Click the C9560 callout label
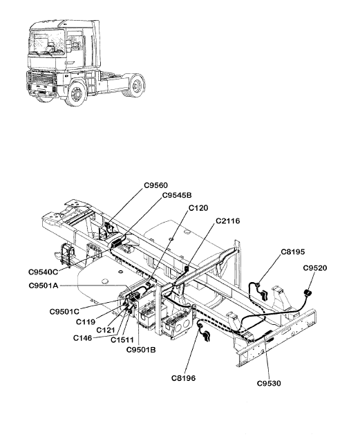tap(155, 185)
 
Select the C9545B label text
tap(177, 195)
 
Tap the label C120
tap(198, 208)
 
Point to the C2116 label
tap(228, 221)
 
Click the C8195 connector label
tap(292, 252)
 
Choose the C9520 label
tap(315, 268)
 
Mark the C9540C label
tap(43, 272)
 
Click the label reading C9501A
tap(44, 286)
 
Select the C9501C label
tap(64, 311)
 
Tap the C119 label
tap(86, 322)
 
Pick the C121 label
tap(106, 330)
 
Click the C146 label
tap(82, 338)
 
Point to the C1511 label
tap(122, 340)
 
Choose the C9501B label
tap(141, 350)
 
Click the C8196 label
tap(184, 378)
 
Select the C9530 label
tap(269, 383)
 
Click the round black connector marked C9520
tap(308, 293)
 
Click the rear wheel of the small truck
tap(136, 85)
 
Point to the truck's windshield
tap(47, 43)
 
